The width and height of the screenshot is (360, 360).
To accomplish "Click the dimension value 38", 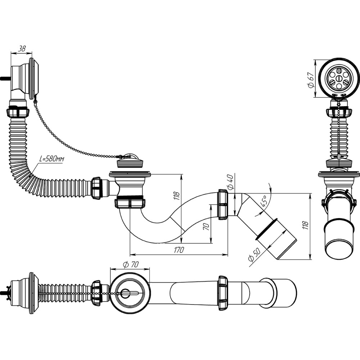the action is point(22,49).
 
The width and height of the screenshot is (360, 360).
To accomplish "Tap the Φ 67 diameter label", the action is point(310,80).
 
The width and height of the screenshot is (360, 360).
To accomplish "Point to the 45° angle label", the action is point(264,202).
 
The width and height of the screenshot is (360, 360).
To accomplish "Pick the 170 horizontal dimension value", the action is point(179,250).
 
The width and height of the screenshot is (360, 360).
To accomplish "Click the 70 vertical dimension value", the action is point(206,226).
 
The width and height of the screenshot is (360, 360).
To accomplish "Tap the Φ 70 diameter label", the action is point(131,264).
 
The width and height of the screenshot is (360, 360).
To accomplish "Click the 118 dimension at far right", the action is point(305,225).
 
